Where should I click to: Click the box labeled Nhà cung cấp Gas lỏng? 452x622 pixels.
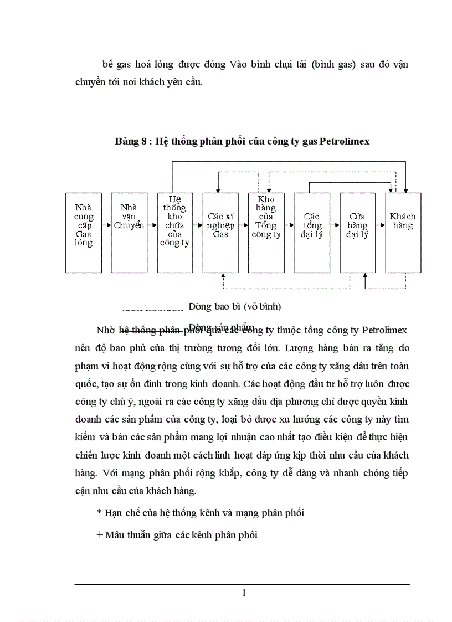[83, 233]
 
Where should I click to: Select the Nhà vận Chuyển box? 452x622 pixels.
[129, 233]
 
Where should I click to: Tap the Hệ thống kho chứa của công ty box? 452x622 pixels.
[174, 233]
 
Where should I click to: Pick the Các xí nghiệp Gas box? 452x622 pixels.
[220, 233]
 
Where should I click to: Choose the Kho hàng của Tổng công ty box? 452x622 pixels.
[266, 233]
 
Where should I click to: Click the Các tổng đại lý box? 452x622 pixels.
[312, 233]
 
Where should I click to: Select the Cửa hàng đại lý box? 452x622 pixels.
[357, 233]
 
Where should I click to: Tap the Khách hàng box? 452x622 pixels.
[403, 233]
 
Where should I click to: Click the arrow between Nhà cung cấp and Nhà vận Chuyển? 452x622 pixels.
[106, 225]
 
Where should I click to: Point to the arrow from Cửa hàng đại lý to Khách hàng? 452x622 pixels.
[380, 225]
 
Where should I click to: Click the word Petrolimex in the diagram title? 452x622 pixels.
[345, 141]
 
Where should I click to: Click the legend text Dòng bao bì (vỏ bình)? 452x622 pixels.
[235, 306]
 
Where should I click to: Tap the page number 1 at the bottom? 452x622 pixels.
[243, 593]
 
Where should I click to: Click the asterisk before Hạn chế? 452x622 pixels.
[99, 513]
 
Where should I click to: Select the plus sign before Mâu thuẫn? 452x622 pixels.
[99, 536]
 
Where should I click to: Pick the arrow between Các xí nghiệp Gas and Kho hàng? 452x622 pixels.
[243, 225]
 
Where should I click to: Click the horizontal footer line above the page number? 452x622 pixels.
[242, 584]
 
